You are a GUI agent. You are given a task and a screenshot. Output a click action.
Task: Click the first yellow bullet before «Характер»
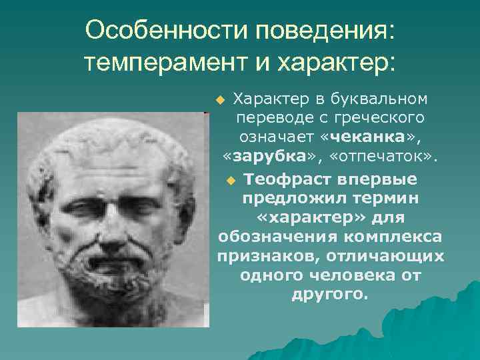221,101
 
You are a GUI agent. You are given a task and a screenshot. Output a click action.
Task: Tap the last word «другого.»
329,295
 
